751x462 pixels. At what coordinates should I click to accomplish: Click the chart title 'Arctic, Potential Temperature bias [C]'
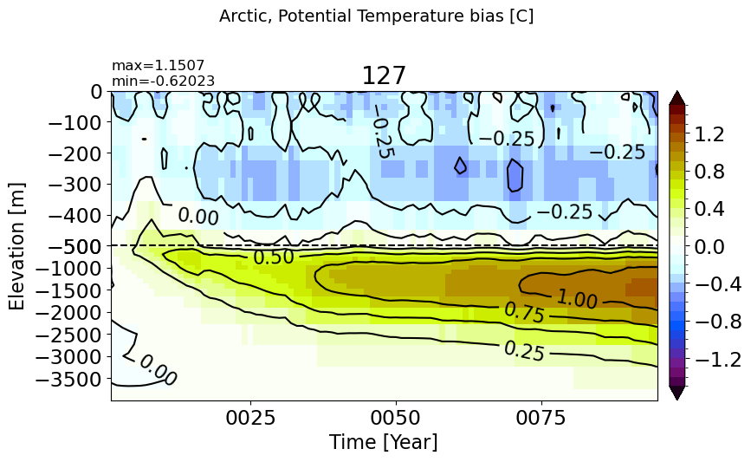pyautogui.click(x=376, y=16)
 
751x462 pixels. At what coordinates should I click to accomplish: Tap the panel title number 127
pyautogui.click(x=384, y=75)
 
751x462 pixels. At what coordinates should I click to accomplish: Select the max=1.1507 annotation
pyautogui.click(x=158, y=65)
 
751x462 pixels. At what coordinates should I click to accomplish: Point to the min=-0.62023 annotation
pyautogui.click(x=164, y=81)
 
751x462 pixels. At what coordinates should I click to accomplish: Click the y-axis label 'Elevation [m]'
pyautogui.click(x=16, y=246)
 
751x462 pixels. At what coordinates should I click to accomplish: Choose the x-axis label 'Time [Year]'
pyautogui.click(x=383, y=442)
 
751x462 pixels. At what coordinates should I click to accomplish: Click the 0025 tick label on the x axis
pyautogui.click(x=251, y=418)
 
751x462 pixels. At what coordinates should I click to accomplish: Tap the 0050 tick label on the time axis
pyautogui.click(x=396, y=418)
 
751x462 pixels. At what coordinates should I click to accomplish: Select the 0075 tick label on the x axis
pyautogui.click(x=541, y=418)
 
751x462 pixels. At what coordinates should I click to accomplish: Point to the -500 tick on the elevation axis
pyautogui.click(x=75, y=246)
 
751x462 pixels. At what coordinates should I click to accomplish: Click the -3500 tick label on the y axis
pyautogui.click(x=69, y=380)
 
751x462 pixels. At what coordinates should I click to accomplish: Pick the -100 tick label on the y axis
pyautogui.click(x=75, y=123)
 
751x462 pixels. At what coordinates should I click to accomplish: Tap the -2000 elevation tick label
pyautogui.click(x=69, y=312)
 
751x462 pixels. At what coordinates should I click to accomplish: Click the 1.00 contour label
pyautogui.click(x=577, y=300)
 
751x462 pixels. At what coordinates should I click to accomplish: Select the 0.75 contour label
pyautogui.click(x=524, y=314)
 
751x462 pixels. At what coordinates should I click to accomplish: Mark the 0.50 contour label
pyautogui.click(x=274, y=257)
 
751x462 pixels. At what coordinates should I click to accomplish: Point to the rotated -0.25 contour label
pyautogui.click(x=383, y=133)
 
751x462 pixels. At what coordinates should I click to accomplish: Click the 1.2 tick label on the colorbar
pyautogui.click(x=710, y=134)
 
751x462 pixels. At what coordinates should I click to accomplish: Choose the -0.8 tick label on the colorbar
pyautogui.click(x=718, y=322)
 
